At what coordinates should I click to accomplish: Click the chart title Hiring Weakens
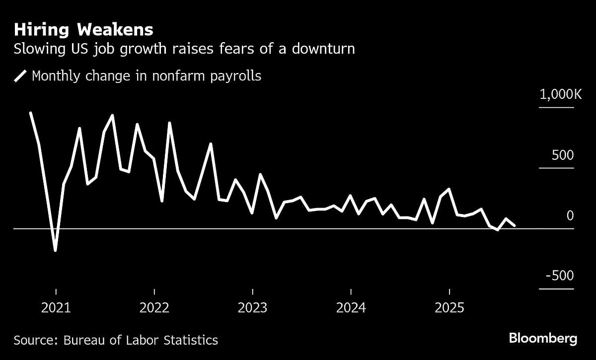(84, 30)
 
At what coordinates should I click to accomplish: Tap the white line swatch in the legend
(21, 76)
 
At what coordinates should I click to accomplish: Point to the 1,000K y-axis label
(560, 95)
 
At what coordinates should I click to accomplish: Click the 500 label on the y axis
(563, 155)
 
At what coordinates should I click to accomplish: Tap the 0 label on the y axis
(570, 216)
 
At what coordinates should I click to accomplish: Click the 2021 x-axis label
(56, 308)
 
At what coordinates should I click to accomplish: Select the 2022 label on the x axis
(154, 308)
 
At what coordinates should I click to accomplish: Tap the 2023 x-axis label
(253, 308)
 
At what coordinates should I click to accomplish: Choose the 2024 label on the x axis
(351, 308)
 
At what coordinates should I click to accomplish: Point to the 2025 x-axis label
(449, 308)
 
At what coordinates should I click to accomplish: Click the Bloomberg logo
(543, 339)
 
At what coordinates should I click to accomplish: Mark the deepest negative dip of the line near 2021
(55, 250)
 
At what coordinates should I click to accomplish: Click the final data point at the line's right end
(515, 225)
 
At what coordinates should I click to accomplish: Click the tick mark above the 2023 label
(253, 291)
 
